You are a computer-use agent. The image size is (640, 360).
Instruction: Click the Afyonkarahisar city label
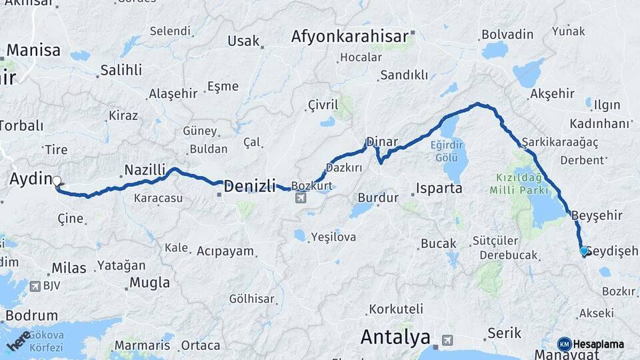tap(349, 36)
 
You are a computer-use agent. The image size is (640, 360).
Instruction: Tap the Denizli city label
tap(249, 187)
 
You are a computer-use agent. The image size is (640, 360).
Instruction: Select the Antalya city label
tap(395, 337)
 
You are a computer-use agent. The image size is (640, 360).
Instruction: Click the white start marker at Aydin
tap(57, 181)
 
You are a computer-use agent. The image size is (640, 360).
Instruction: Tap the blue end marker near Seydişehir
tap(584, 251)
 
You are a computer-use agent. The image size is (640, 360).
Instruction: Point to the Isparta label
tap(439, 188)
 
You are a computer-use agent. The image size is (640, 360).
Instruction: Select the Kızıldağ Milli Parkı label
tap(521, 183)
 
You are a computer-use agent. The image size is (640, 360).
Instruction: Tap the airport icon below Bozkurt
tap(301, 197)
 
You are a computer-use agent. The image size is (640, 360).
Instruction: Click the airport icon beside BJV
tap(35, 287)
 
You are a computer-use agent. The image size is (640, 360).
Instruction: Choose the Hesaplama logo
tap(590, 344)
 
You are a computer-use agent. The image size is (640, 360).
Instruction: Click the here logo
tap(18, 341)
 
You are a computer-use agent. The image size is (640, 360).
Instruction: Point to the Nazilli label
tap(145, 171)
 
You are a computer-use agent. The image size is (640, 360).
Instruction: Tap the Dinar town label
tap(382, 143)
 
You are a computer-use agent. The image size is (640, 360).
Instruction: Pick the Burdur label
tap(378, 197)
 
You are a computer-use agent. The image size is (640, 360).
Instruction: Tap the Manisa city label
tap(33, 50)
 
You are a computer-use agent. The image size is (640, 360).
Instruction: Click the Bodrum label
tap(31, 316)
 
